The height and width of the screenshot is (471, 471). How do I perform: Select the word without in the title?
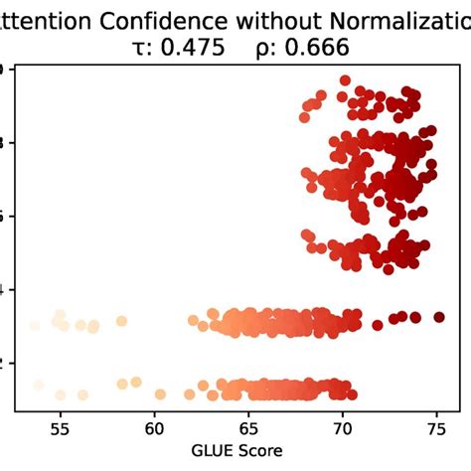point(261,19)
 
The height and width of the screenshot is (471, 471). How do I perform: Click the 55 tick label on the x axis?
point(61,428)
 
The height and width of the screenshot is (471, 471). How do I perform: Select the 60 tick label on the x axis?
point(155,428)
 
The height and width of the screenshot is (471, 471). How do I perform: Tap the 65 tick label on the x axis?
point(248,428)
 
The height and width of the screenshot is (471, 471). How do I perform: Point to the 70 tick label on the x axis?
point(343,428)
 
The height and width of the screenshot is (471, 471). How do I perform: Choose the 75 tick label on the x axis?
point(436,428)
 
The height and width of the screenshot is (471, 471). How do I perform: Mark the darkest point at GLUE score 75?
point(439,317)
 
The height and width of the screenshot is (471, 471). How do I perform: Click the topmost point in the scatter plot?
point(345,80)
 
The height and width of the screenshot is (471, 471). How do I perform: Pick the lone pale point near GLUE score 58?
point(121,321)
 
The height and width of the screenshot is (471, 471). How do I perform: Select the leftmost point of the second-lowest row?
point(35,325)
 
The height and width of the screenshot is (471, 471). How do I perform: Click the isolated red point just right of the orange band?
point(377,324)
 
